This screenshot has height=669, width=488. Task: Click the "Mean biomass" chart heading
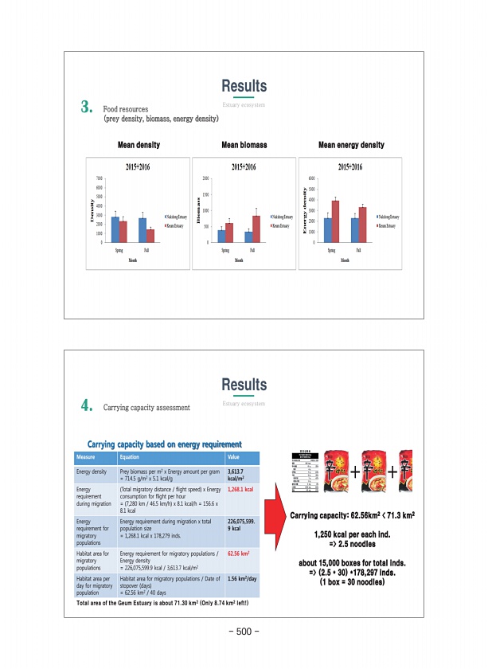tap(244, 146)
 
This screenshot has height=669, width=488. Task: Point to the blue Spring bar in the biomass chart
tap(221, 236)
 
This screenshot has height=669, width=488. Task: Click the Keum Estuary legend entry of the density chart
tap(176, 226)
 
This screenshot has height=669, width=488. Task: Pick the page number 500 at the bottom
tap(244, 632)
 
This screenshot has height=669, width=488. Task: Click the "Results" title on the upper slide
tap(244, 86)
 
